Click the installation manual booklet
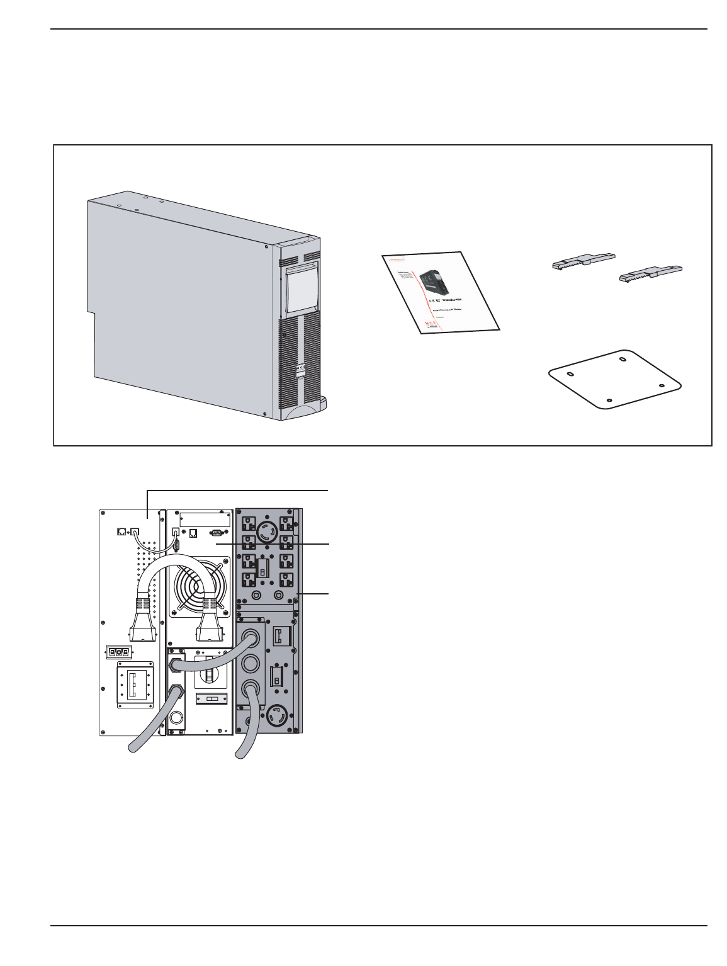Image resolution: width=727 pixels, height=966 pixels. pos(441,293)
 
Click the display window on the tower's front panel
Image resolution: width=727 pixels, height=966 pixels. pos(302,290)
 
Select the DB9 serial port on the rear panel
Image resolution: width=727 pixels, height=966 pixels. pos(216,531)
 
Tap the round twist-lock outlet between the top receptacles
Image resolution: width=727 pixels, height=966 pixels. pos(268,533)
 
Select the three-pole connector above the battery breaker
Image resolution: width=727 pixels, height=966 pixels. pos(120,652)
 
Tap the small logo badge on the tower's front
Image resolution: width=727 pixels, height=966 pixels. pos(301,370)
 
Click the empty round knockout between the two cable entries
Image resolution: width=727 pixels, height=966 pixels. pos(251,663)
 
